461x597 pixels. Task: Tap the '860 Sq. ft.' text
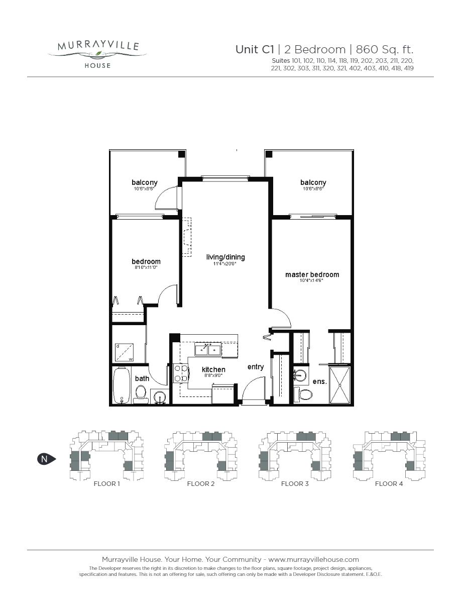tap(384, 49)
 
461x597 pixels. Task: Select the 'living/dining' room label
tap(225, 257)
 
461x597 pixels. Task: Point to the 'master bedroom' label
tap(312, 274)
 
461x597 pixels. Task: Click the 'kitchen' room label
tap(199, 370)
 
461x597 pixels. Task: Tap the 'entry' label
tap(256, 367)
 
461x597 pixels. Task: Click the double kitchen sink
tap(208, 348)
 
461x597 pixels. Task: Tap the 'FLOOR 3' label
tap(295, 484)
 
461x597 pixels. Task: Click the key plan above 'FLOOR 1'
tap(106, 455)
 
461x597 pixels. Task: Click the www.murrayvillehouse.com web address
tap(314, 559)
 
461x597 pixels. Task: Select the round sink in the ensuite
tap(301, 374)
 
